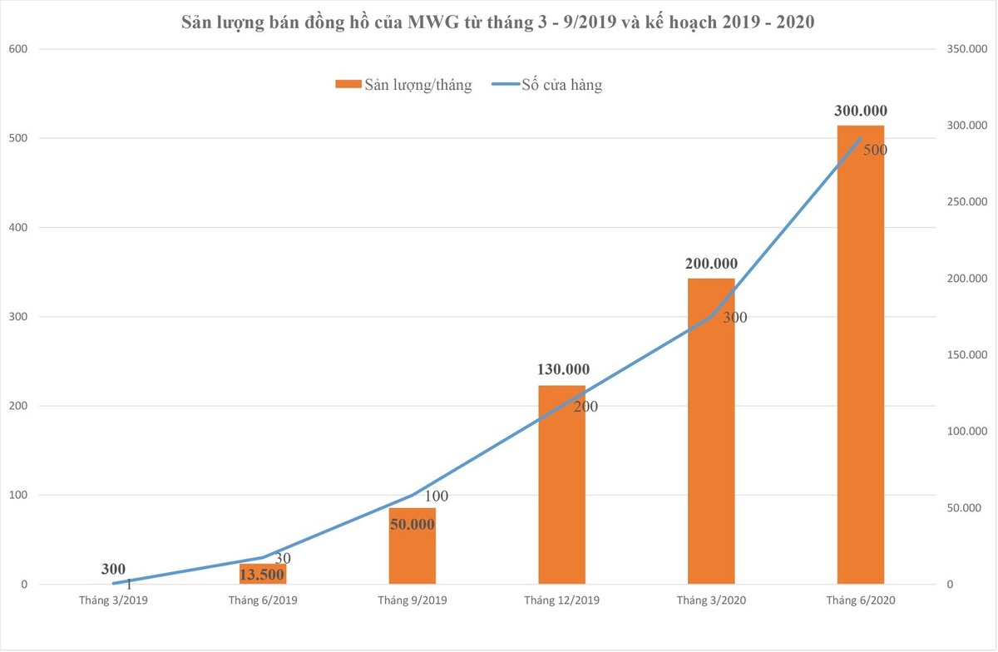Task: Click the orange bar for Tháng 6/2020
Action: [860, 358]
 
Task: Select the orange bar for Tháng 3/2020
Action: [711, 432]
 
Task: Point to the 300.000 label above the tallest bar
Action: [860, 111]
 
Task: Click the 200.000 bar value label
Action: [711, 264]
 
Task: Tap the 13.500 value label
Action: [262, 574]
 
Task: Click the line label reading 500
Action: [875, 151]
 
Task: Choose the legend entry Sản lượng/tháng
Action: [404, 85]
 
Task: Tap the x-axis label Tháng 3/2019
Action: [113, 600]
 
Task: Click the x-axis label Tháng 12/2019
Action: [561, 600]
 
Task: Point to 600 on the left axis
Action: [18, 49]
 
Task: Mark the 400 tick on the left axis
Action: [18, 227]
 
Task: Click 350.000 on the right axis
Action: [966, 49]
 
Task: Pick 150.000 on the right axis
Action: [966, 355]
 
